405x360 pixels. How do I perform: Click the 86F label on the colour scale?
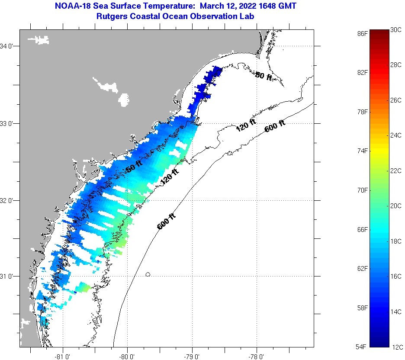(x=363, y=33)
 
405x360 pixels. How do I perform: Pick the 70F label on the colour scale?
(x=363, y=190)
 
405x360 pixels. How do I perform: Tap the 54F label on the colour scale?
(x=363, y=347)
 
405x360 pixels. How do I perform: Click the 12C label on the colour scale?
(x=396, y=347)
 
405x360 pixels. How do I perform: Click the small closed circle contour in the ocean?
(x=148, y=274)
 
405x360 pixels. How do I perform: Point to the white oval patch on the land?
(x=124, y=100)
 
